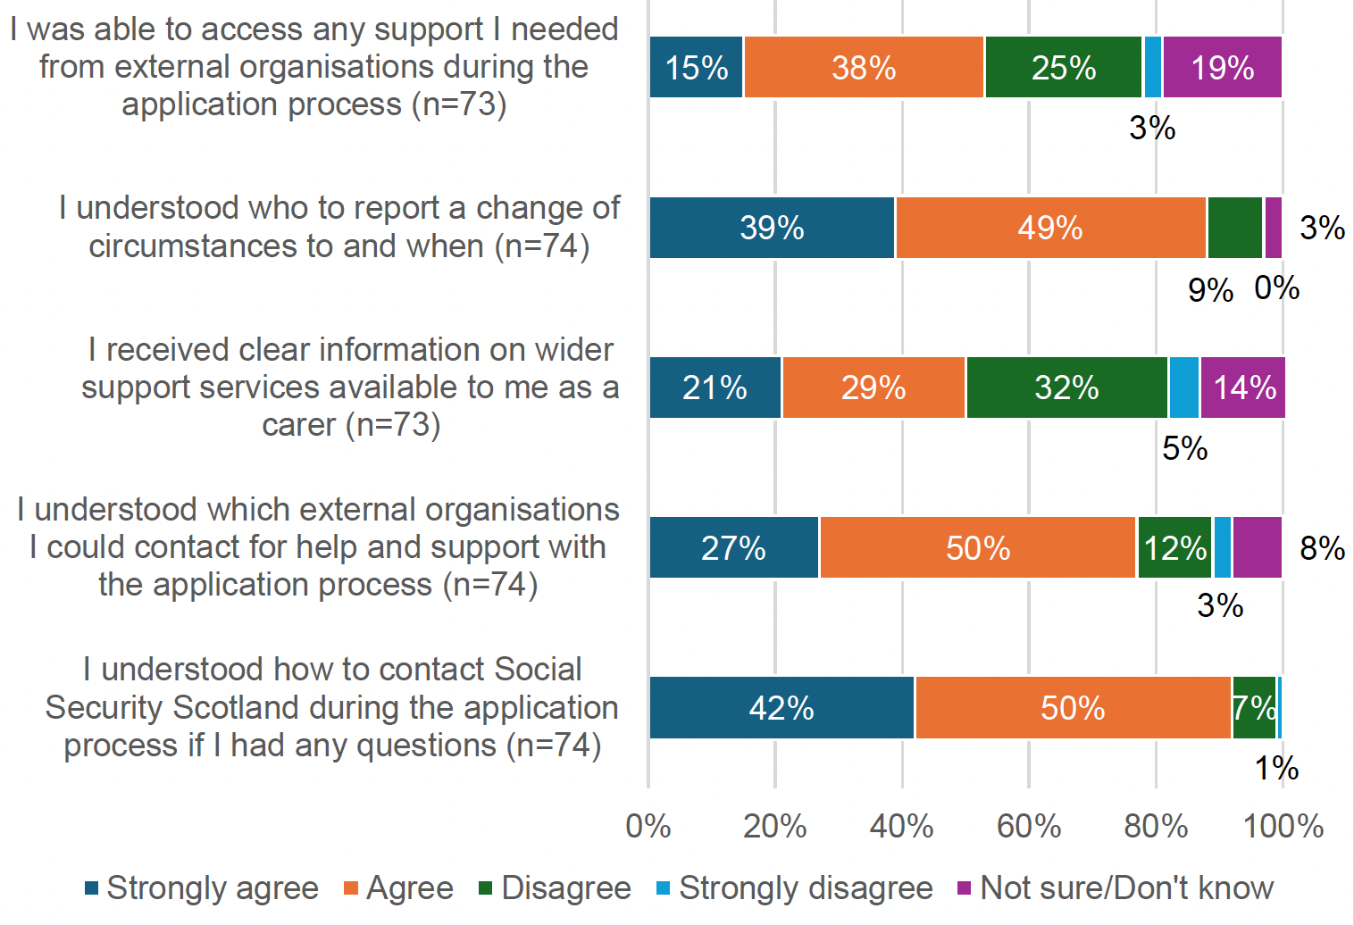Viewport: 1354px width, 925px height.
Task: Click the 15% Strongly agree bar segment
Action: [x=696, y=68]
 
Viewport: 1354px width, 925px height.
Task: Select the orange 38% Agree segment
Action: [x=863, y=68]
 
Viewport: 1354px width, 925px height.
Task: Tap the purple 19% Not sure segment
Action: [x=1222, y=68]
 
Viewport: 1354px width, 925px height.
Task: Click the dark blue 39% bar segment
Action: [x=772, y=228]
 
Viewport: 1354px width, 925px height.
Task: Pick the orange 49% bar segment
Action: [x=1050, y=228]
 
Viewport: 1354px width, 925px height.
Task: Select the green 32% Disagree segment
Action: [x=1066, y=387]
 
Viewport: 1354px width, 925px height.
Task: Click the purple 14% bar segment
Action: [x=1242, y=387]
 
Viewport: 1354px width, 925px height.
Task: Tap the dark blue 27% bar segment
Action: [x=733, y=547]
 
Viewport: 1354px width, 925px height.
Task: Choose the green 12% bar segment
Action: [x=1174, y=547]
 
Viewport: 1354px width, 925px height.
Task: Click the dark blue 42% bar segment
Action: [x=781, y=708]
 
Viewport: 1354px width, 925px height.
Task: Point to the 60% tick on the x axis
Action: [x=1029, y=826]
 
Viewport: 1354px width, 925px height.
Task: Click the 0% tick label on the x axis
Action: [x=648, y=826]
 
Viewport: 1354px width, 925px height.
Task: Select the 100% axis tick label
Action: [x=1283, y=826]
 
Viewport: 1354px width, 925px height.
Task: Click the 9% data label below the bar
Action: [x=1210, y=290]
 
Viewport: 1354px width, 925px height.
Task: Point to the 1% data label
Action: [x=1276, y=768]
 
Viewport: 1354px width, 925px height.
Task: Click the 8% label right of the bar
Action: [x=1322, y=547]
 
